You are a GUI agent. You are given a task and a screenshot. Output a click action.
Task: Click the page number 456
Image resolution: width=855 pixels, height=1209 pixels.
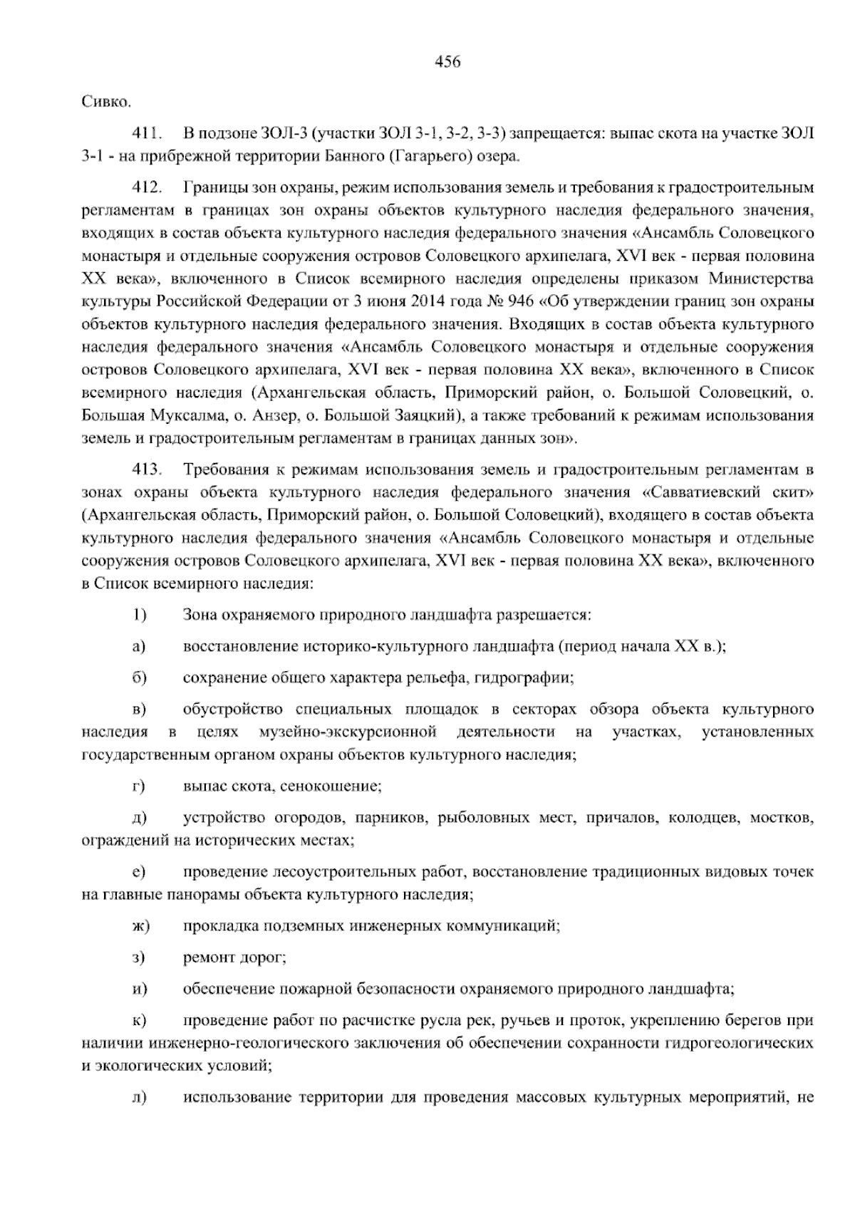coord(447,62)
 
